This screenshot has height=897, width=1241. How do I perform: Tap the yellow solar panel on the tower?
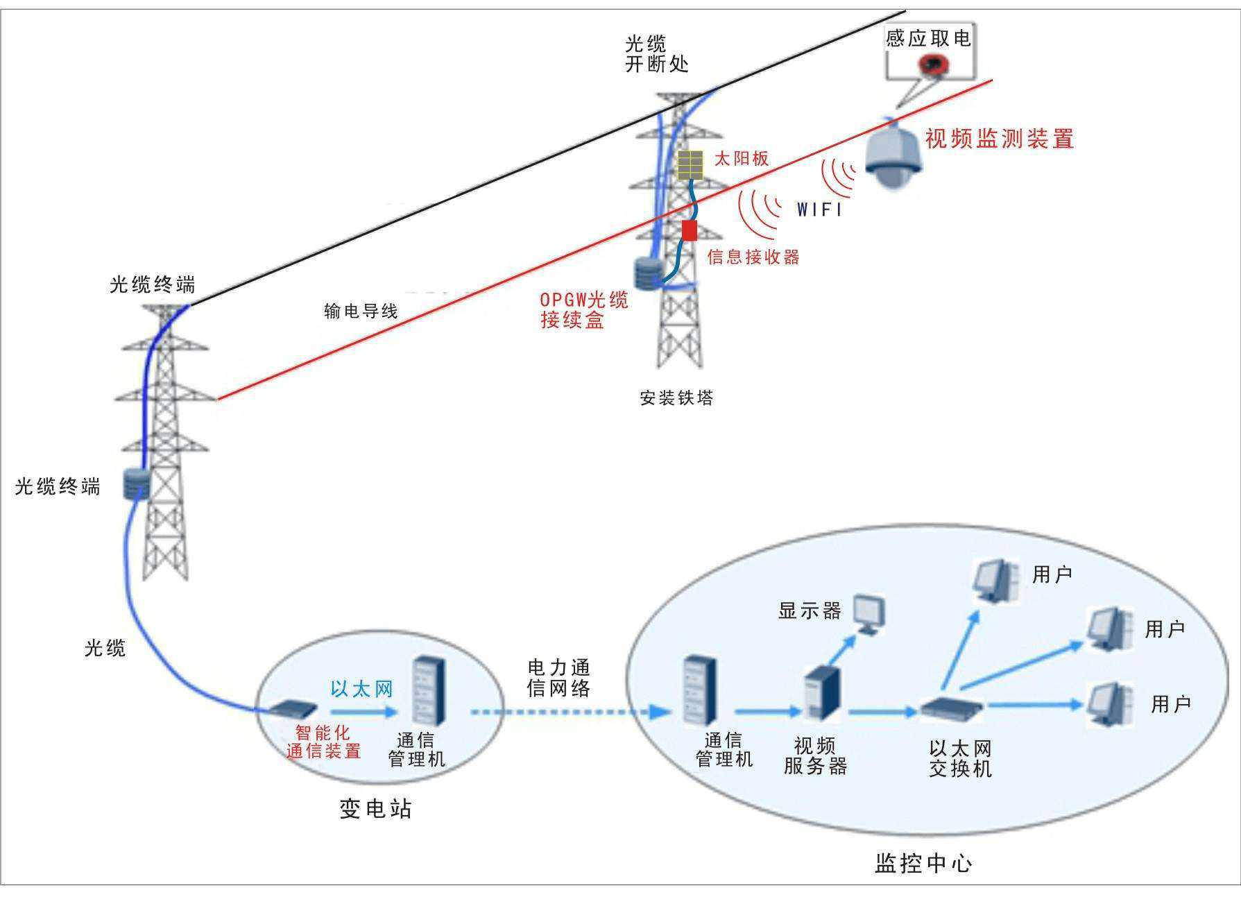(690, 165)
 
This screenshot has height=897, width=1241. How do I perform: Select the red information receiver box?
(689, 230)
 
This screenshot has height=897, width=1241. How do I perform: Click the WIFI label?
(819, 209)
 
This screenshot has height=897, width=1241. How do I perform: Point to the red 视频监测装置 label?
(999, 139)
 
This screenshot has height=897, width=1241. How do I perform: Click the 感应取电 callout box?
(930, 51)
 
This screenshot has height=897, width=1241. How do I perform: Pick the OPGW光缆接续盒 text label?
(583, 309)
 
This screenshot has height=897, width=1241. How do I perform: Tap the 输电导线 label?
(361, 311)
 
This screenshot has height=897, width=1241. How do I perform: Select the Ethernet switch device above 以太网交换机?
(952, 706)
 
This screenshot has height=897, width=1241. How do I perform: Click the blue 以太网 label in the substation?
(361, 689)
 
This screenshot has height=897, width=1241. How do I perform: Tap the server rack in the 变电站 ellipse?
(427, 691)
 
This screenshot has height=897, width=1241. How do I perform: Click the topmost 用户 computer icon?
(996, 580)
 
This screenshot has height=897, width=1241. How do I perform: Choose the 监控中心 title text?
(923, 863)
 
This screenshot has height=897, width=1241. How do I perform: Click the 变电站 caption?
(375, 808)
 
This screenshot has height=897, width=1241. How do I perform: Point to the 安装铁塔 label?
(676, 398)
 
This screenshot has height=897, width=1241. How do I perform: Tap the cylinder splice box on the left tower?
(137, 484)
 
